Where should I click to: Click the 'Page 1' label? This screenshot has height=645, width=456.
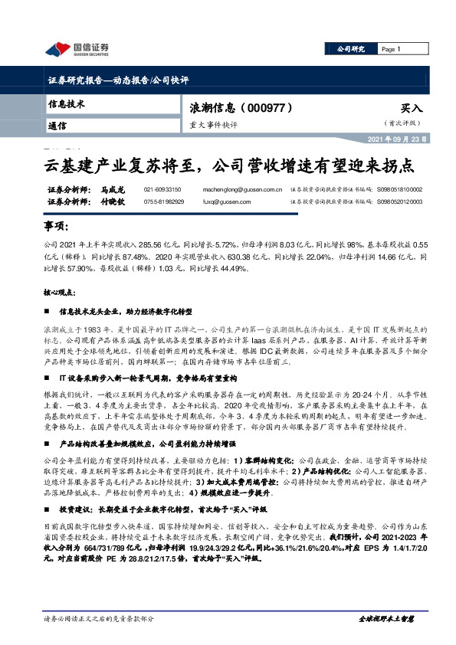[x=391, y=49]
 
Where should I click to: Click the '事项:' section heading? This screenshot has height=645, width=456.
[x=56, y=228]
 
